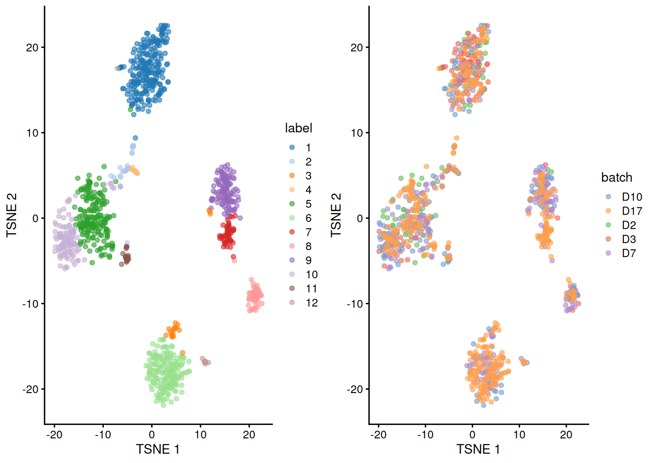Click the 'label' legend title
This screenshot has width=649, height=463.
click(298, 128)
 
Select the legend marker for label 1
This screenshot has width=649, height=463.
click(292, 148)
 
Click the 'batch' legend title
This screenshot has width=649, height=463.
click(617, 177)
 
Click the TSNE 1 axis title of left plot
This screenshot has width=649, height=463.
click(158, 449)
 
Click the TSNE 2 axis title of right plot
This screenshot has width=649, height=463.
click(336, 215)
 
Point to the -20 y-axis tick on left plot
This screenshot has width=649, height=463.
click(31, 389)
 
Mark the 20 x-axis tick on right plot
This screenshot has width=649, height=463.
click(566, 435)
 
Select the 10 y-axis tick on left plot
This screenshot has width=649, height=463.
click(32, 133)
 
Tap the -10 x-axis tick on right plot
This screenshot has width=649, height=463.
click(425, 435)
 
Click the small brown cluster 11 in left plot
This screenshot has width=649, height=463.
click(126, 258)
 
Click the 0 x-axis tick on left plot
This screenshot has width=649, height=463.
click(152, 435)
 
